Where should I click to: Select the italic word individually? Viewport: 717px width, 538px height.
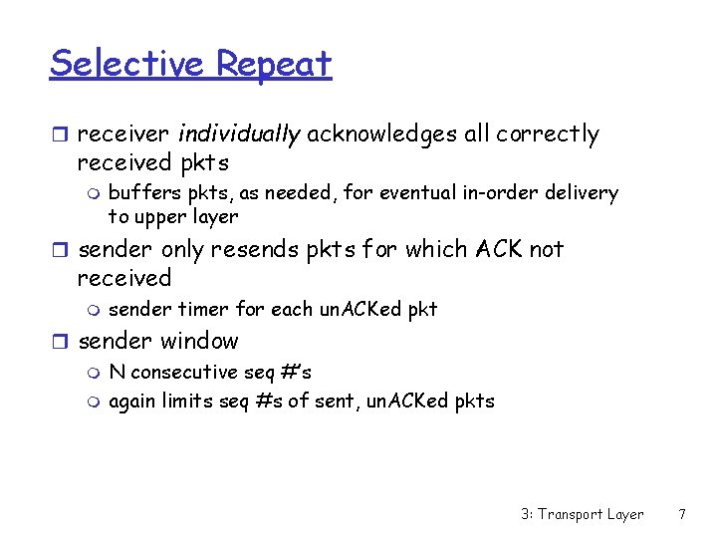[239, 134]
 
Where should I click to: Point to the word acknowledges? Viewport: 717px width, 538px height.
[382, 134]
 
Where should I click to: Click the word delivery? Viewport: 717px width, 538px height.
[583, 193]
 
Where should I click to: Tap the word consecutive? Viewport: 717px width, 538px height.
[187, 373]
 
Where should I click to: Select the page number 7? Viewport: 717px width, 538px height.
[681, 514]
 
